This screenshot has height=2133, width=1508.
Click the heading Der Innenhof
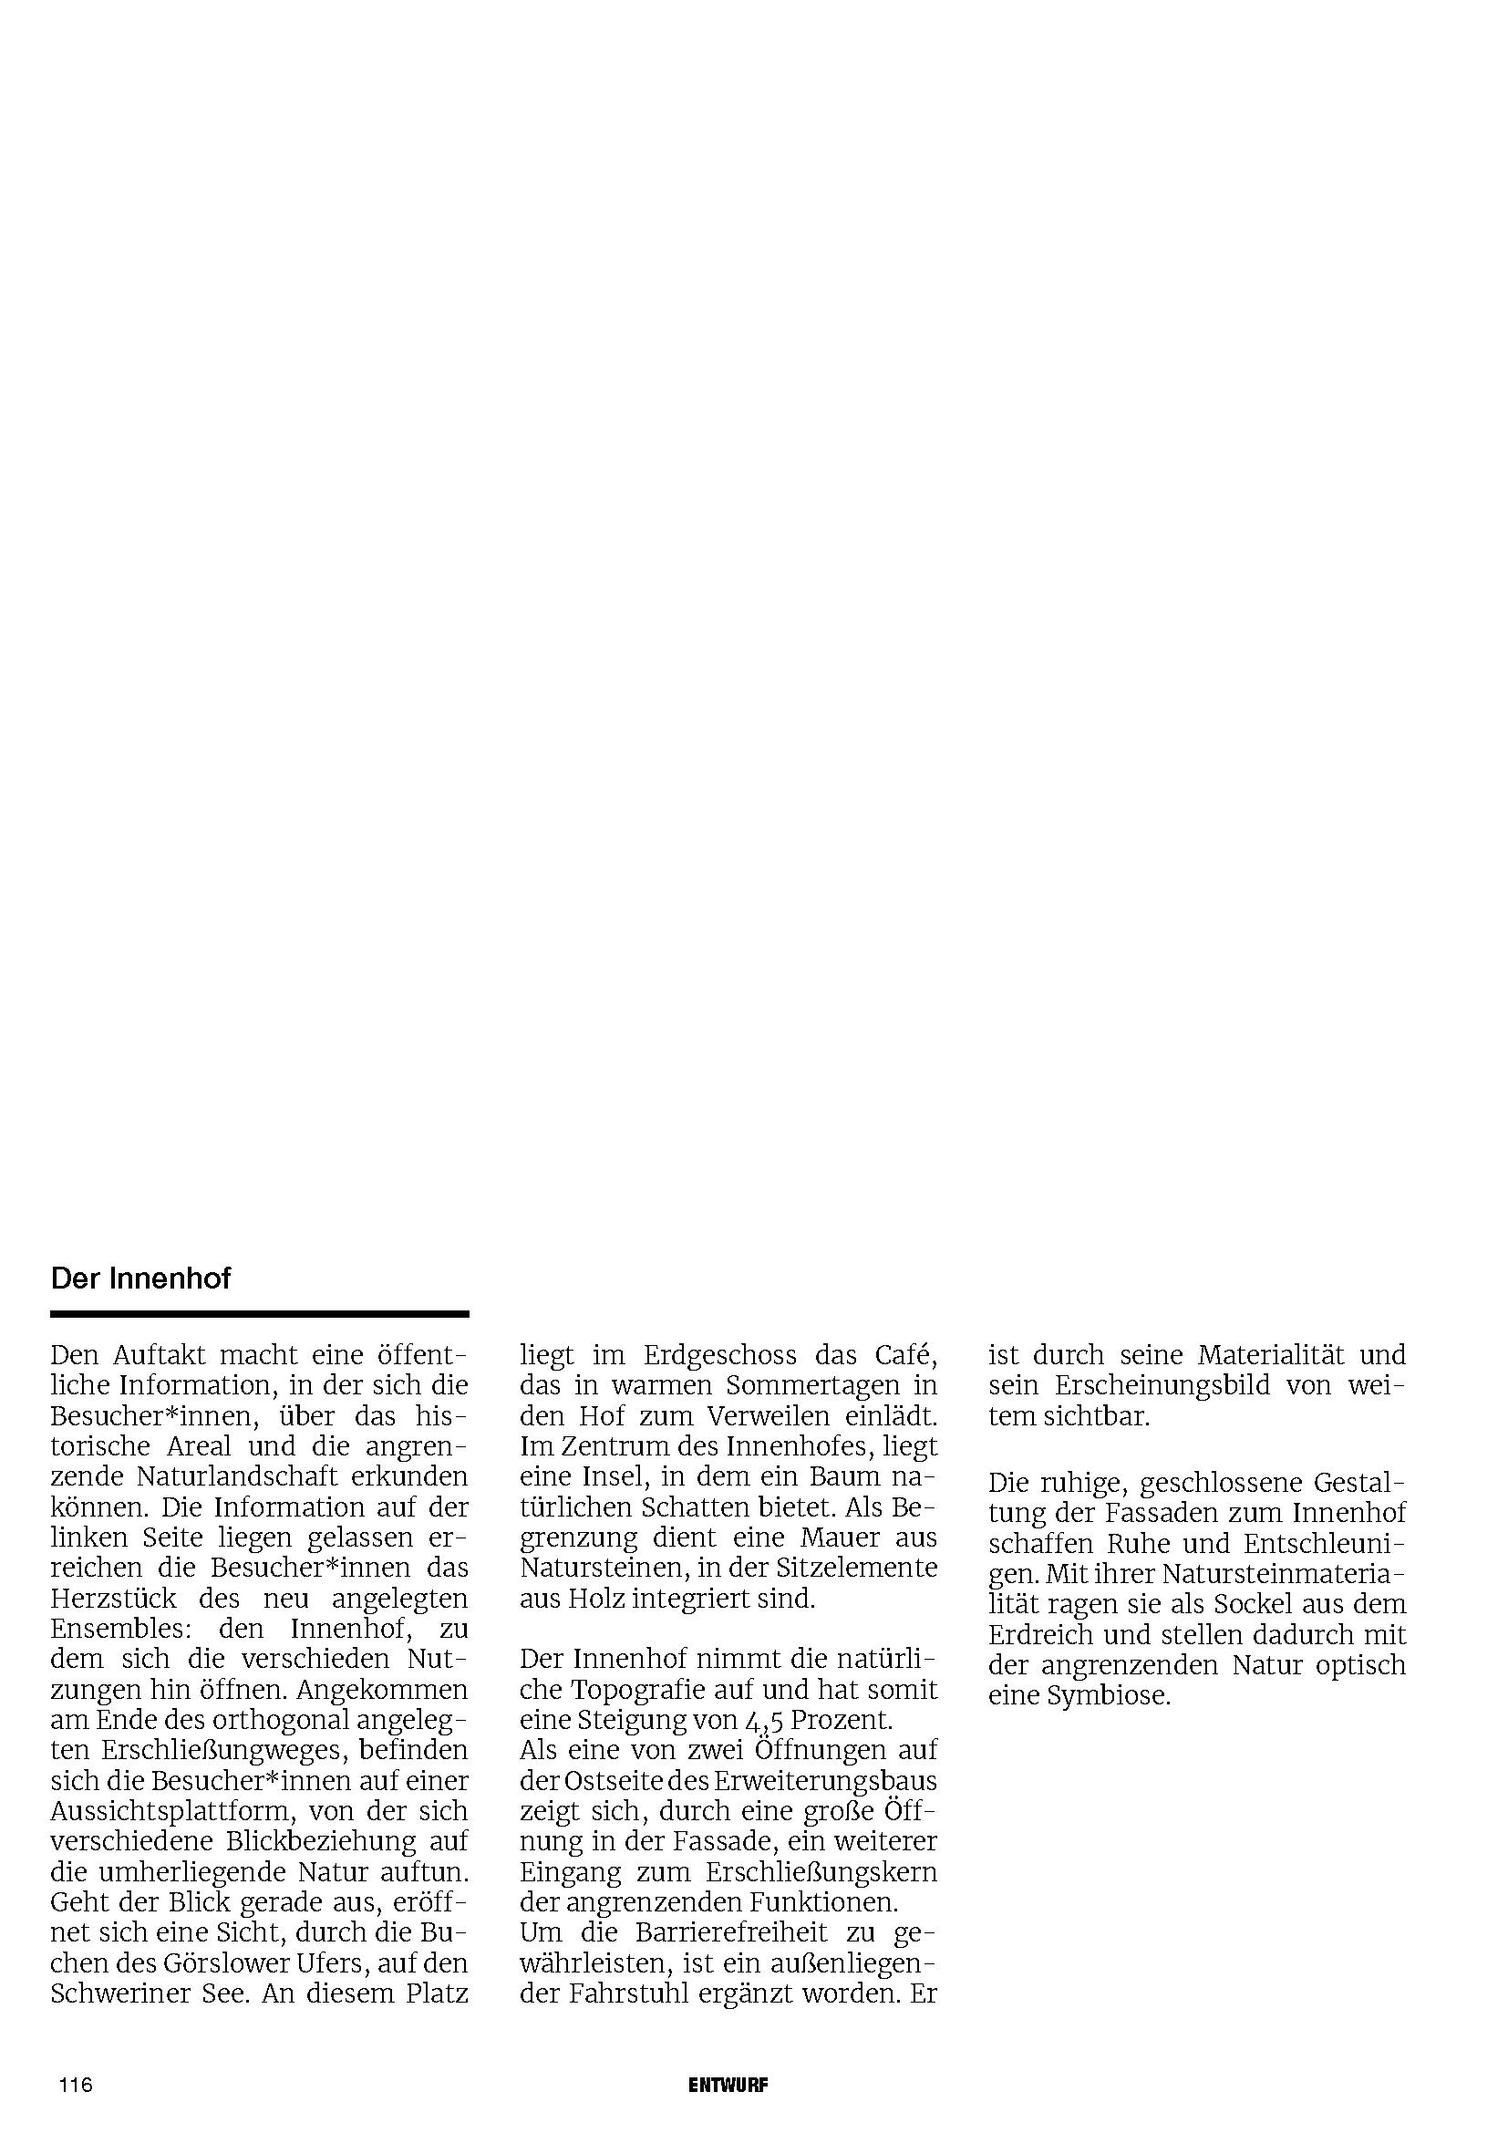coord(140,1279)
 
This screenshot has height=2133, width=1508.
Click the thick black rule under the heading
coord(259,1315)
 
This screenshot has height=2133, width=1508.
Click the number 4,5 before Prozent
coord(764,1722)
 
